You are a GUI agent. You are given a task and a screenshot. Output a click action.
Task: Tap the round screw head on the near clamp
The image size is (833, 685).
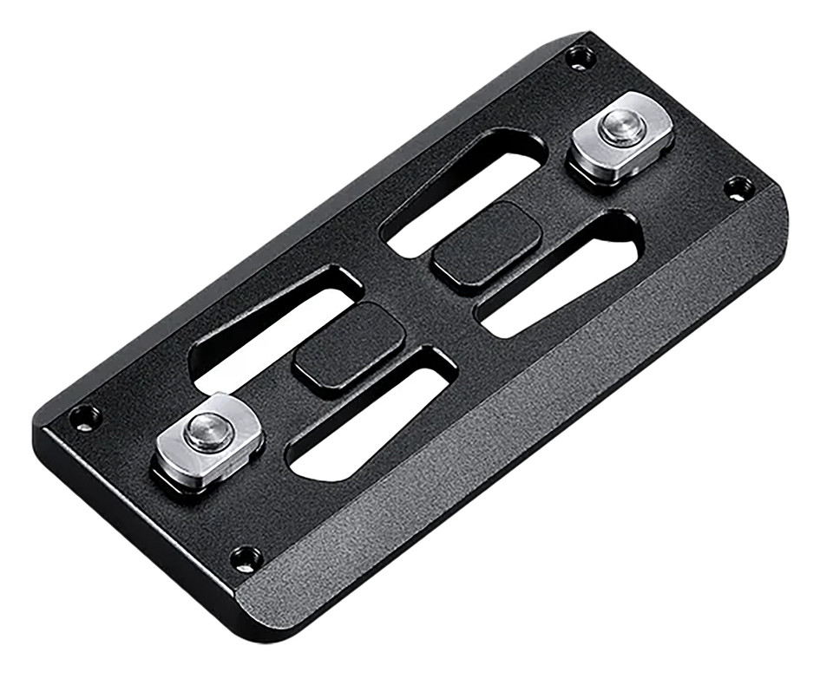click(x=207, y=429)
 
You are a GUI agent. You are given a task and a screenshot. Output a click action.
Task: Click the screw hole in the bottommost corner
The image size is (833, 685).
click(x=246, y=558)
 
